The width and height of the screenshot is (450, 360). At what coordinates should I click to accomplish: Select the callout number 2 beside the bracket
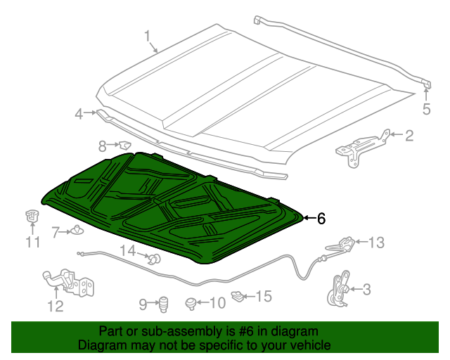pyautogui.click(x=409, y=136)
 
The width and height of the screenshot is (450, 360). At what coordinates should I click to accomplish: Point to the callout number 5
pyautogui.click(x=425, y=108)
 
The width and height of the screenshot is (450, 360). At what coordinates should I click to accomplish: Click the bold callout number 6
pyautogui.click(x=321, y=219)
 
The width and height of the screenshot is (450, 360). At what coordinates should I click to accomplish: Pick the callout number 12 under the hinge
pyautogui.click(x=55, y=306)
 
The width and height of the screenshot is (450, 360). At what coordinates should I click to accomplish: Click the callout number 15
pyautogui.click(x=262, y=297)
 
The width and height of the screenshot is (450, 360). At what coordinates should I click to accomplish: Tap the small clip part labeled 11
pyautogui.click(x=31, y=217)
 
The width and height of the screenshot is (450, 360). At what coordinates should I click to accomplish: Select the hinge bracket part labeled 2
pyautogui.click(x=361, y=148)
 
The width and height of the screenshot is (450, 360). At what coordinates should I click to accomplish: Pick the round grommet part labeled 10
pyautogui.click(x=191, y=303)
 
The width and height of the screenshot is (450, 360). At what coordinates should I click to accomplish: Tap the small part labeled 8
pyautogui.click(x=124, y=146)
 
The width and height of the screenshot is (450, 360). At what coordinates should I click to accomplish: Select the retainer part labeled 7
pyautogui.click(x=76, y=230)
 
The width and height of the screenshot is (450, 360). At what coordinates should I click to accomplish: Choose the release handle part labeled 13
pyautogui.click(x=344, y=244)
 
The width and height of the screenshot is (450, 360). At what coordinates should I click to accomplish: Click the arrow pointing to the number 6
pyautogui.click(x=308, y=219)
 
